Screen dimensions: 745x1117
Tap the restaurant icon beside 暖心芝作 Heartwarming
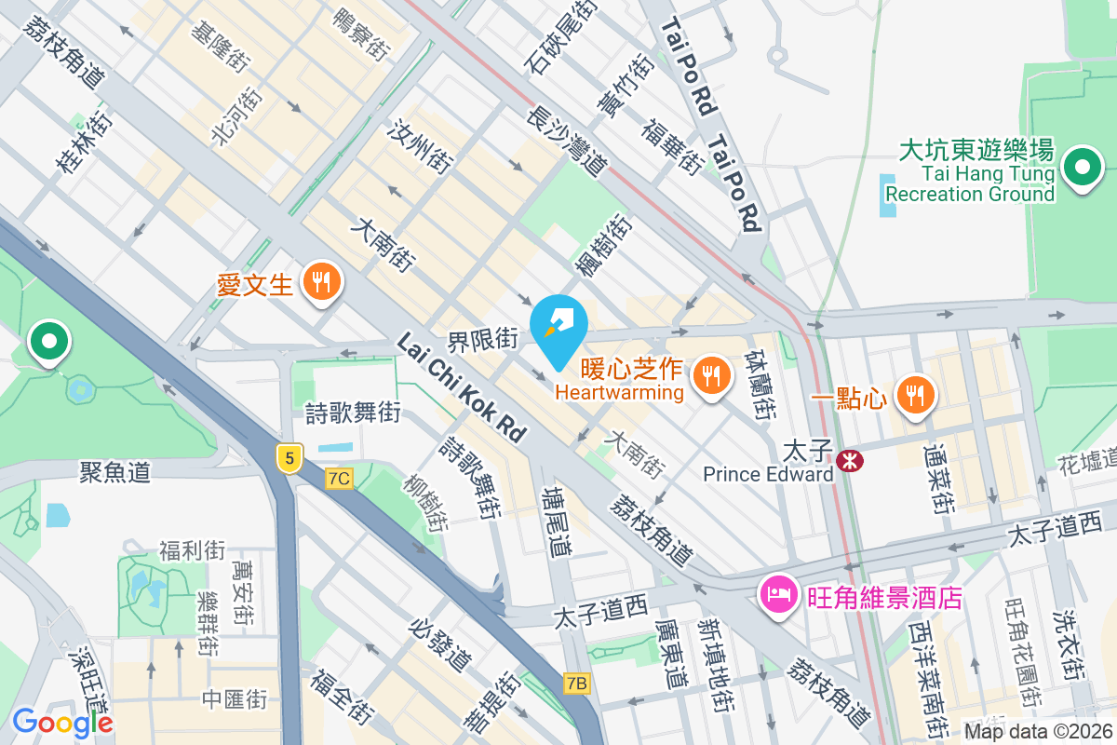[712, 375]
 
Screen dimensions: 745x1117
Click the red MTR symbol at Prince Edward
[848, 460]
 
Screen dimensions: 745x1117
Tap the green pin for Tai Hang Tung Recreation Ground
[1083, 169]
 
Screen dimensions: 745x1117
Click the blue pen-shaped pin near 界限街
[558, 330]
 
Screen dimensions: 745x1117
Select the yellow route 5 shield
[290, 457]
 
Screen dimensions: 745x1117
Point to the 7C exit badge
[340, 479]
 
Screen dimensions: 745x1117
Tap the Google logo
[62, 722]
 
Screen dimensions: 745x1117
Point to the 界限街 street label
[482, 340]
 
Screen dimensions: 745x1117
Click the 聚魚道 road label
[115, 472]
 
